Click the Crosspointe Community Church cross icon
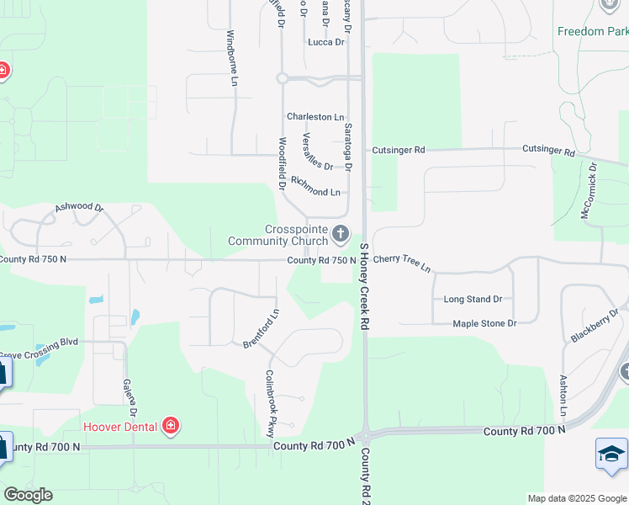click(341, 233)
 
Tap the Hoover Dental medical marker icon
click(171, 426)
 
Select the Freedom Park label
click(592, 31)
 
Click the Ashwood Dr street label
click(79, 207)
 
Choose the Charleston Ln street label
click(315, 117)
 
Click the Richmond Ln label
click(315, 187)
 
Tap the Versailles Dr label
click(317, 151)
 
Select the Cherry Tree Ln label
click(402, 263)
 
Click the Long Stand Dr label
click(473, 299)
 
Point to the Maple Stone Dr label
click(484, 323)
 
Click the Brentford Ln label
click(261, 329)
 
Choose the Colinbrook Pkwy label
click(272, 403)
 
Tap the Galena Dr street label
click(130, 396)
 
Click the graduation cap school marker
click(611, 454)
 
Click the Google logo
click(28, 495)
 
